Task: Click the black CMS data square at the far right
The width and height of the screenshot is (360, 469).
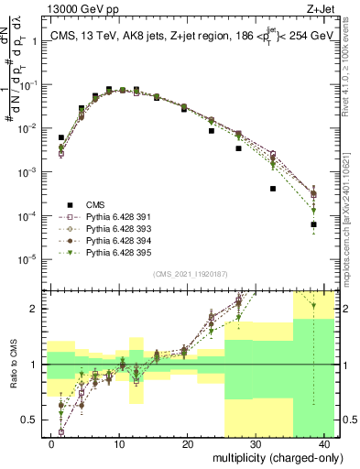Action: [313, 224]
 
